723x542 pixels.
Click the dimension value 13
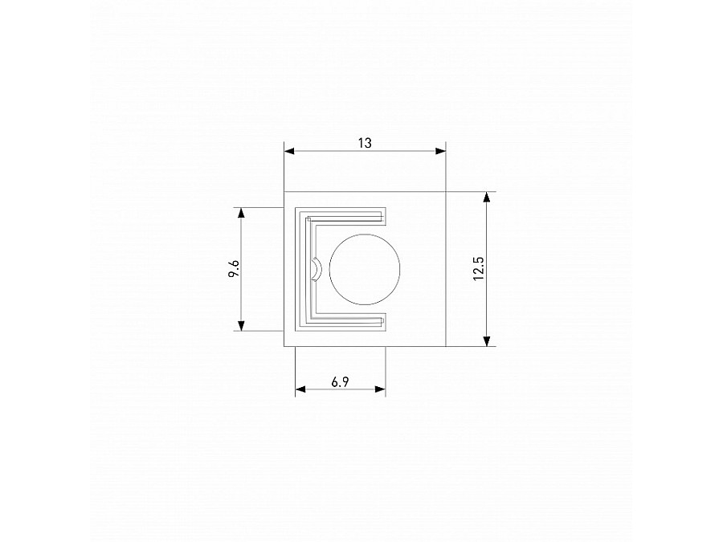365,143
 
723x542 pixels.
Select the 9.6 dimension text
233,270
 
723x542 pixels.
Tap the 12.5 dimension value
478,269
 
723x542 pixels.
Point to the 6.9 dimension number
340,382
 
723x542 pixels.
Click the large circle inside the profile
365,270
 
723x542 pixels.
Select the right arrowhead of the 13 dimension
439,150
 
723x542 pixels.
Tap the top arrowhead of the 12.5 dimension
486,198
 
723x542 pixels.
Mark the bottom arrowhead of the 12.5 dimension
486,340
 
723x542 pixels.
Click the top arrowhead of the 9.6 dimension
239,214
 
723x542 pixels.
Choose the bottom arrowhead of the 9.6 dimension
239,324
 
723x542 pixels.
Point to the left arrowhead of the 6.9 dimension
301,389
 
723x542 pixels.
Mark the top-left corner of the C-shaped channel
297,210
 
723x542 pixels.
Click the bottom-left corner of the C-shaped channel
297,328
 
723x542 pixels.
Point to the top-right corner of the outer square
445,192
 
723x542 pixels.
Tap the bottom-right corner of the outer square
445,346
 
